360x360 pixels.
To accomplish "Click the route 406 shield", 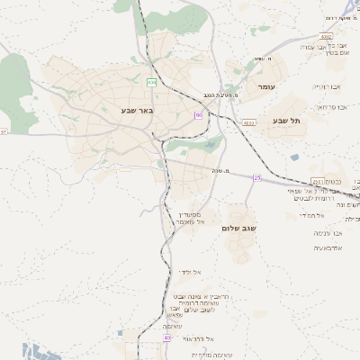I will point(152,82).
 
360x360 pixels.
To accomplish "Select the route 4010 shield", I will point(249,121).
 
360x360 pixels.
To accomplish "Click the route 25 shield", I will point(257,177).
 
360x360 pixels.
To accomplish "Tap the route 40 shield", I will point(167,337).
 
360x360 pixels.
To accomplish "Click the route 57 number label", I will point(4,131).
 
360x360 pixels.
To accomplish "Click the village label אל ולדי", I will point(192,271).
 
